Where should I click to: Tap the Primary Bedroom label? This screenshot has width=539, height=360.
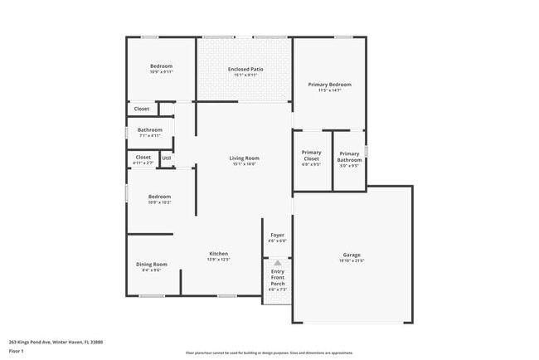329,85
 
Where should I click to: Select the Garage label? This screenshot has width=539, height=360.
352,255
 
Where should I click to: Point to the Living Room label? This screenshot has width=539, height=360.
244,158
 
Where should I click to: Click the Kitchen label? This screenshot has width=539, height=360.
218,254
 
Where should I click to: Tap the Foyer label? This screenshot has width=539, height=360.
278,235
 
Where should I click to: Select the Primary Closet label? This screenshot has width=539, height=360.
311,155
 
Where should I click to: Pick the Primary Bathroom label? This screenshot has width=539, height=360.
349,156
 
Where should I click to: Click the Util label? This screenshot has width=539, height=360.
167,158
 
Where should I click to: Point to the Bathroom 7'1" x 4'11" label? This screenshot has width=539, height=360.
150,129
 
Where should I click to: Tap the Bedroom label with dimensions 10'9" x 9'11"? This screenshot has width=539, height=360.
161,66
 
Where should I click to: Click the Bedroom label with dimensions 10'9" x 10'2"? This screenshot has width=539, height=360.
159,197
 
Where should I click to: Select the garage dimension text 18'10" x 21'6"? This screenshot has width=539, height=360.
352,260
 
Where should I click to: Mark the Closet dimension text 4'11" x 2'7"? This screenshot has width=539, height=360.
143,163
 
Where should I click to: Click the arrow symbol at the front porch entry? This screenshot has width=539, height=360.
277,262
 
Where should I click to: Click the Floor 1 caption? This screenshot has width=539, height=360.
17,351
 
